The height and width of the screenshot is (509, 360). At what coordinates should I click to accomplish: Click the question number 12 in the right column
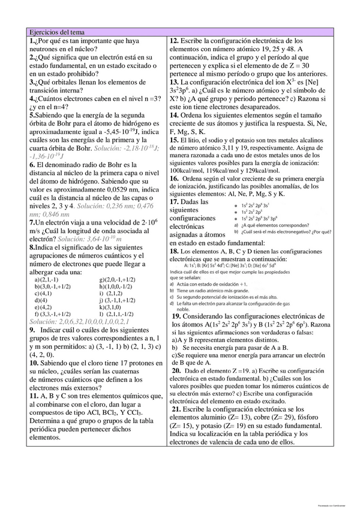[x=175, y=40]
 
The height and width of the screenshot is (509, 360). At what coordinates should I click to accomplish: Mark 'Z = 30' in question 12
[x=315, y=65]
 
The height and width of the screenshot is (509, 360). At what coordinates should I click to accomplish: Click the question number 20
[x=178, y=372]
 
